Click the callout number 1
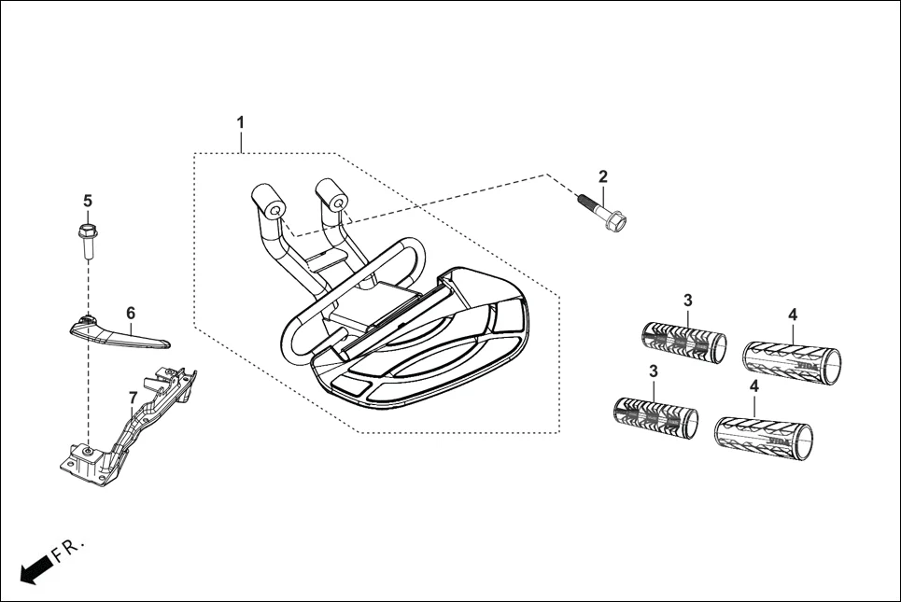coord(240,122)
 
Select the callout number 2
coord(603,176)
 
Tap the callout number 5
coord(88,201)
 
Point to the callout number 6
coord(131,314)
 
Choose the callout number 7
coord(132,398)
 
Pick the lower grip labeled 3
coord(655,417)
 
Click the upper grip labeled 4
coord(791,358)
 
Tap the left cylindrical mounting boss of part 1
coord(268,202)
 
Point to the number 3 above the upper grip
coord(688,300)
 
